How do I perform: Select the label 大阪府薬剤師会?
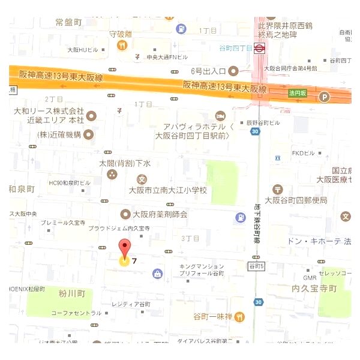(159, 214)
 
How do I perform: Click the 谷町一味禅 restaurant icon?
(240, 316)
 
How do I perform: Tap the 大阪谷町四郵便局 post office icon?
(277, 190)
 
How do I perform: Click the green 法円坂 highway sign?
(296, 94)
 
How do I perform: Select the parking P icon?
(325, 97)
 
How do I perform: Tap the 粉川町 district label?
(72, 294)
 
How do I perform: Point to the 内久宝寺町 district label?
(314, 289)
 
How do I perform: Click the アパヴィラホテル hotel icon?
(220, 115)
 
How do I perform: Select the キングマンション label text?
(202, 266)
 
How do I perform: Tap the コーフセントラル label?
(76, 313)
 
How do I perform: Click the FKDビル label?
(304, 153)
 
